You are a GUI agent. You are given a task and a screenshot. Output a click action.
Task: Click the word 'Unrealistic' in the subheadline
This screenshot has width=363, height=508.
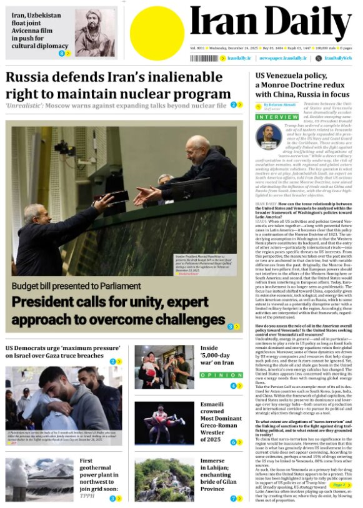24,105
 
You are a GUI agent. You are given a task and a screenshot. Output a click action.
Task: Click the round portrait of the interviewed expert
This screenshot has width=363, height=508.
269,137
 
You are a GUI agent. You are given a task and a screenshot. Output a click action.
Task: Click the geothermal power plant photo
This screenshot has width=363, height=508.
39,479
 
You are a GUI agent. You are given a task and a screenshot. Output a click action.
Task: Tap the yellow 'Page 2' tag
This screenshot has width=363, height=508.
337,484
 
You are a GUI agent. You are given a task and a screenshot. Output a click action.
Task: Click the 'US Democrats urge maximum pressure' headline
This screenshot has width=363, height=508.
61,351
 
